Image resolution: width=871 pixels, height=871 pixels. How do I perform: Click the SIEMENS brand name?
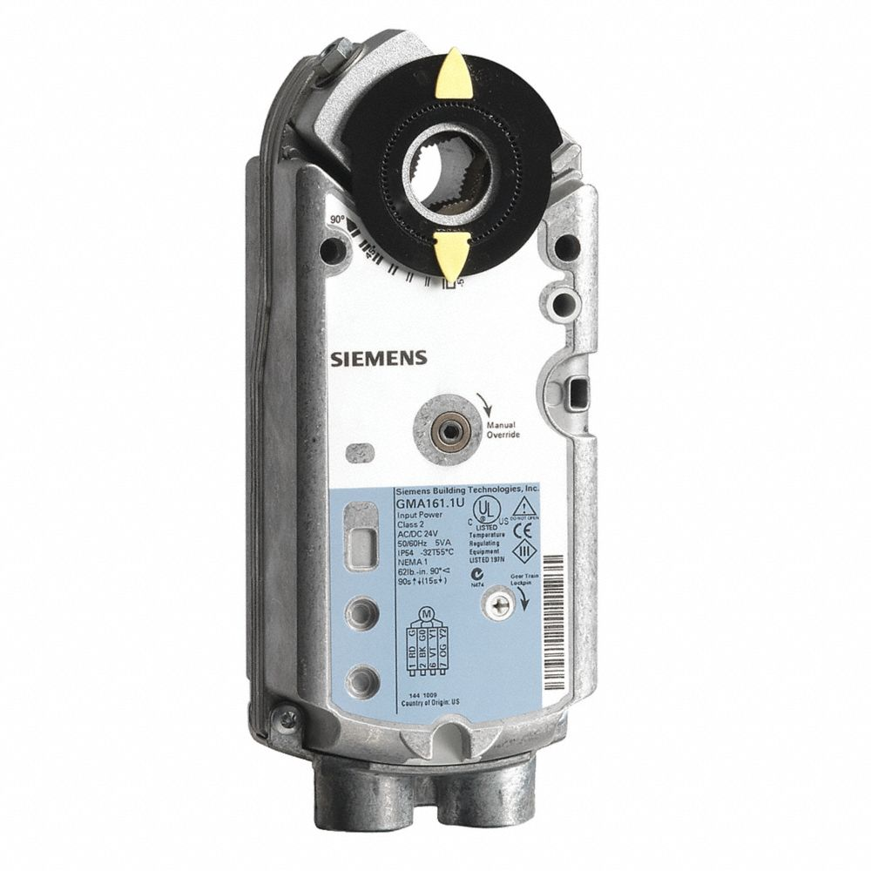pyautogui.click(x=377, y=357)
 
